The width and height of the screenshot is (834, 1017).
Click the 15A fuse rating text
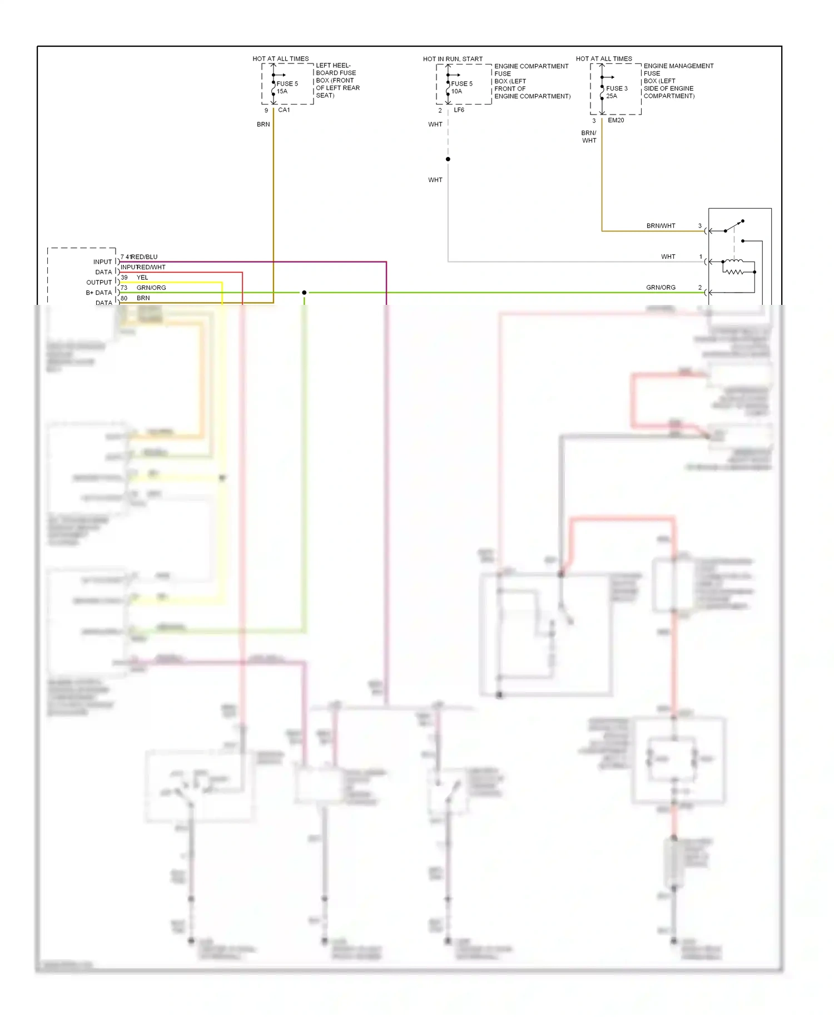click(282, 91)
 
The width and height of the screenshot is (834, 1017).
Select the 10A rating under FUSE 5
click(456, 91)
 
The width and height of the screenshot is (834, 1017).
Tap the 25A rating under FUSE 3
click(612, 96)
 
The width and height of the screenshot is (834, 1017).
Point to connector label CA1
click(284, 110)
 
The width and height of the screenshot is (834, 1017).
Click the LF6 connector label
click(459, 110)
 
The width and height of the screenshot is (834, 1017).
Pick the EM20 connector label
click(616, 120)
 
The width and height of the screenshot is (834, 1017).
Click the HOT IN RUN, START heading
click(453, 59)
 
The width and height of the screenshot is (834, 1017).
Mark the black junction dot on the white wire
click(448, 159)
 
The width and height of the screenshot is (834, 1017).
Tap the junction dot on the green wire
click(304, 293)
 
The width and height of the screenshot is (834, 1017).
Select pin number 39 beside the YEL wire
click(124, 278)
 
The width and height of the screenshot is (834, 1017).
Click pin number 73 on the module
click(124, 288)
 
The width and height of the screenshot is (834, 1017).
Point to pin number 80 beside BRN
click(124, 298)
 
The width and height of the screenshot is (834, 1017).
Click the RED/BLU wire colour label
click(145, 257)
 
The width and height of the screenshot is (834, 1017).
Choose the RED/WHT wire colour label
click(151, 267)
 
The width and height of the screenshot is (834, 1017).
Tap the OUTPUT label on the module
click(99, 283)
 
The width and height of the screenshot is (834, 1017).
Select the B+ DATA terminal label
click(99, 293)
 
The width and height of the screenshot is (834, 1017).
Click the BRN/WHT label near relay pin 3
click(661, 226)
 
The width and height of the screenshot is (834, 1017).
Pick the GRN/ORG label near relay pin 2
click(661, 288)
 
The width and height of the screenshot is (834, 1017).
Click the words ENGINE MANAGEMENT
click(678, 66)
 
